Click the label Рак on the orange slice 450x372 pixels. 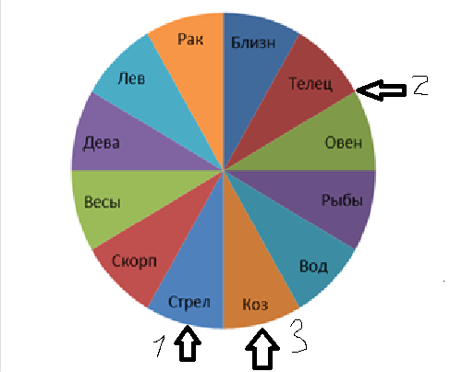click(x=190, y=40)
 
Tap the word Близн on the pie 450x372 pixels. click(x=253, y=42)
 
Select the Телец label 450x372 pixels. click(x=310, y=84)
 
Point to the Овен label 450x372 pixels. click(x=344, y=142)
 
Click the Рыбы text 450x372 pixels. click(x=342, y=200)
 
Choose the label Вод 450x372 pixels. click(x=313, y=266)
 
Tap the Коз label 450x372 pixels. click(x=255, y=305)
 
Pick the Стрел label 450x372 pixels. click(x=189, y=303)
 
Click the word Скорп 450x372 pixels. click(x=134, y=261)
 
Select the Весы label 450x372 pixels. click(x=102, y=202)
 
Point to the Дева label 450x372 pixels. click(x=101, y=143)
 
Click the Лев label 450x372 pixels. click(x=131, y=78)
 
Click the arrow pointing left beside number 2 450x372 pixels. click(x=381, y=90)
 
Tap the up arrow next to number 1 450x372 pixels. click(x=188, y=343)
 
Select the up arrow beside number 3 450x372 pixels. click(x=262, y=349)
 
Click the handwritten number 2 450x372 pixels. click(x=420, y=85)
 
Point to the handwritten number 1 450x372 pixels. click(x=160, y=346)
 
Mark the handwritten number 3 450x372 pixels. click(x=299, y=335)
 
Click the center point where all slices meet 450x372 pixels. click(x=224, y=170)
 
